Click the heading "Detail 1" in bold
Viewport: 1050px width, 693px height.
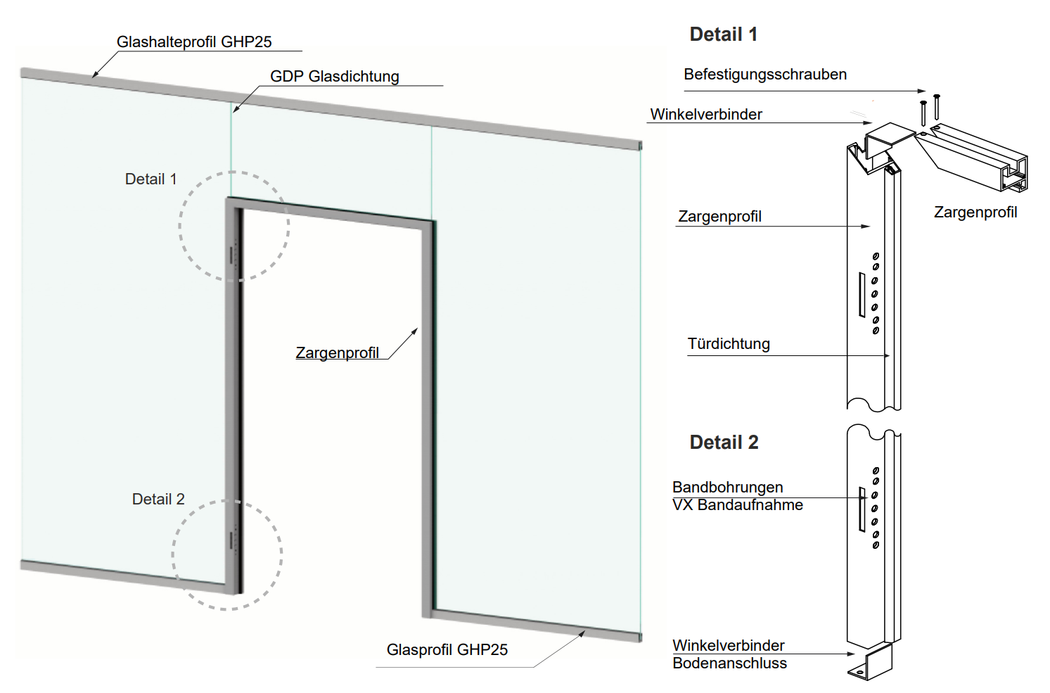pos(723,34)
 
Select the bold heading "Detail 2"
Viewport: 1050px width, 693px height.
pos(724,443)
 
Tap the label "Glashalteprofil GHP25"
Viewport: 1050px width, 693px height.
pos(194,42)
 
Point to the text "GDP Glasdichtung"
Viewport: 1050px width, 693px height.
pos(335,77)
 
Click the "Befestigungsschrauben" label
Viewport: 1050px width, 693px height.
pos(765,75)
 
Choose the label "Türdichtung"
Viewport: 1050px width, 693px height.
pos(729,344)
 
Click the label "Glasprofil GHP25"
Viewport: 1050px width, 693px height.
pos(447,650)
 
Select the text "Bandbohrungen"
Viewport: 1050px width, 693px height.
pos(727,488)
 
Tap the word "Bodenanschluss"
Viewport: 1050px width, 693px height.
pos(729,663)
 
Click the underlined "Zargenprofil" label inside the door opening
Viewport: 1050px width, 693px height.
pos(337,353)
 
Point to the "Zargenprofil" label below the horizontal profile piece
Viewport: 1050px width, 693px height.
pos(975,212)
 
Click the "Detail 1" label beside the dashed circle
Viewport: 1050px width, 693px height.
pos(151,179)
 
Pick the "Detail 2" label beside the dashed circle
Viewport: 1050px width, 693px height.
pos(158,500)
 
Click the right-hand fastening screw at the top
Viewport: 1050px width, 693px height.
pos(937,107)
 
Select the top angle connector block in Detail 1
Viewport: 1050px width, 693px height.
pos(888,139)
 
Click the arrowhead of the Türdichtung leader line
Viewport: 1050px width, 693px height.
pos(887,356)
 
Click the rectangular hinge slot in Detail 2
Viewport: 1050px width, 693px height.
pos(862,509)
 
